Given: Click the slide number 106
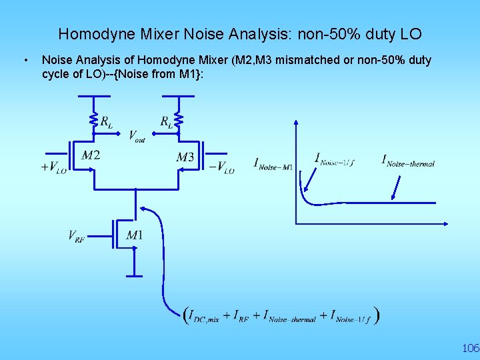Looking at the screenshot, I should pyautogui.click(x=470, y=348).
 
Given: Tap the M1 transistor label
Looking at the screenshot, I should pyautogui.click(x=134, y=235).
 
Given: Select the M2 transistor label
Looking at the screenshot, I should pyautogui.click(x=91, y=155).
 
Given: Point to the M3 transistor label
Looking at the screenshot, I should pyautogui.click(x=185, y=157).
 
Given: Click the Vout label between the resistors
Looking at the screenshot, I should pyautogui.click(x=137, y=135).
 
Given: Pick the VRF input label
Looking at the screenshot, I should pyautogui.click(x=77, y=235).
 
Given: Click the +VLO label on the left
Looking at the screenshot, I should pyautogui.click(x=53, y=167).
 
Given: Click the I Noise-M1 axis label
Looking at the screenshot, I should pyautogui.click(x=273, y=163).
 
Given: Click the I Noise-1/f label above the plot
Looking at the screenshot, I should pyautogui.click(x=335, y=160).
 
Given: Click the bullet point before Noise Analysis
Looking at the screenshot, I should pyautogui.click(x=25, y=61).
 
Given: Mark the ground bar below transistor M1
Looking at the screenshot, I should pyautogui.click(x=135, y=273).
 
